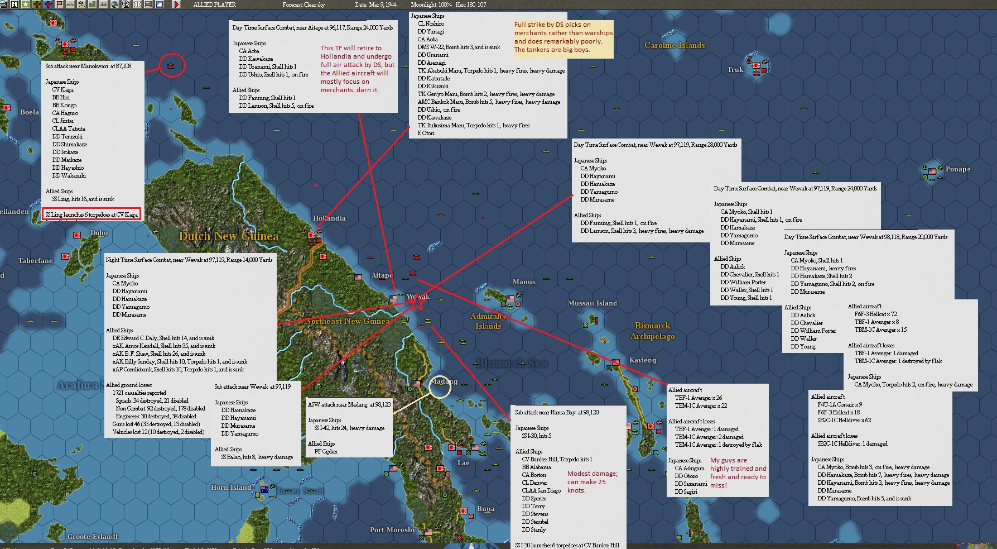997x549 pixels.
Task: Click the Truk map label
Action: [x=735, y=70]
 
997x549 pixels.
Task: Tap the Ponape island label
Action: [x=957, y=169]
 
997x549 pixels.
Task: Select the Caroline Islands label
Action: [x=675, y=45]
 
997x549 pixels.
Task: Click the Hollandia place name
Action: [x=329, y=218]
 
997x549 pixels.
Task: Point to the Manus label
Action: [x=524, y=282]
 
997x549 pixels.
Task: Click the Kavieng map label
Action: [x=642, y=360]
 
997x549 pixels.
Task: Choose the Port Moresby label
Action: [x=393, y=529]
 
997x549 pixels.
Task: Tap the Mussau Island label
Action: [x=593, y=303]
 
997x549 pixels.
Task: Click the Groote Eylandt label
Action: [x=93, y=537]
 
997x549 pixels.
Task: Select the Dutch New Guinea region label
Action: [x=228, y=236]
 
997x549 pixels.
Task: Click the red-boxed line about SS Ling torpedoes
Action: [x=91, y=214]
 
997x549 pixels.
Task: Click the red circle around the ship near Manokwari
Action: [x=171, y=65]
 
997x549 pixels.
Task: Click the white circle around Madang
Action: [x=440, y=386]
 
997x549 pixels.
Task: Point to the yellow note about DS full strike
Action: [x=563, y=37]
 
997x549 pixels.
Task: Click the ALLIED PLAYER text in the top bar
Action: [x=214, y=4]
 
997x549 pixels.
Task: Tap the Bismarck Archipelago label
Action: [x=652, y=331]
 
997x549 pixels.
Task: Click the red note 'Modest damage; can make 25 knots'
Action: [x=592, y=482]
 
